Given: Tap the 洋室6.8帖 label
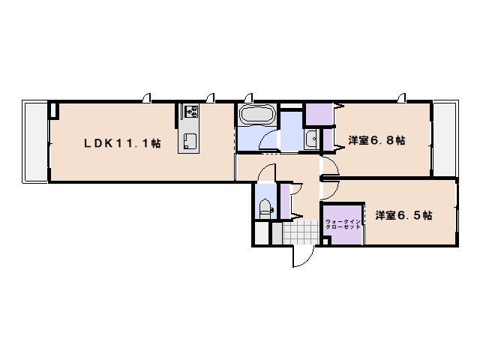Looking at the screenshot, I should click(377, 140).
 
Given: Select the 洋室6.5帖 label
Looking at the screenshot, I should click(403, 215).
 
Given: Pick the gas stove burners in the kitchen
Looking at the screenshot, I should click(189, 112).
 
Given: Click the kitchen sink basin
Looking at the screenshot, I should click(189, 141).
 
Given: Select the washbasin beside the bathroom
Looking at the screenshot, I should click(310, 139).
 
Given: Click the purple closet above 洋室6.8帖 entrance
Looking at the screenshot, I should click(319, 114).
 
